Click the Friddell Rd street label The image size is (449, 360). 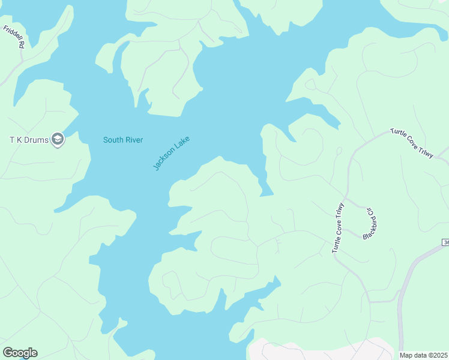(x=13, y=37)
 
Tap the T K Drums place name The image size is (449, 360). (x=28, y=140)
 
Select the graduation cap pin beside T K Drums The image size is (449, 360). (x=58, y=140)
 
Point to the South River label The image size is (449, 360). (x=122, y=140)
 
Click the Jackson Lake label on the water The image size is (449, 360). (x=171, y=154)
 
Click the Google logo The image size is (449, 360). (x=20, y=353)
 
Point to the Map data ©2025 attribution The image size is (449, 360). (x=424, y=355)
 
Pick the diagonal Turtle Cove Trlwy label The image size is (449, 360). (x=412, y=143)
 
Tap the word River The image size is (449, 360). (x=133, y=140)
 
